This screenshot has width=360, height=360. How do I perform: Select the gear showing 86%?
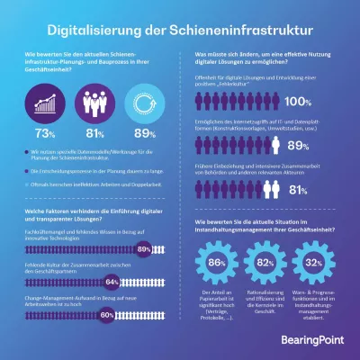click(216, 262)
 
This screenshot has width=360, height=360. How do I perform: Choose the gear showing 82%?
click(266, 262)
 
